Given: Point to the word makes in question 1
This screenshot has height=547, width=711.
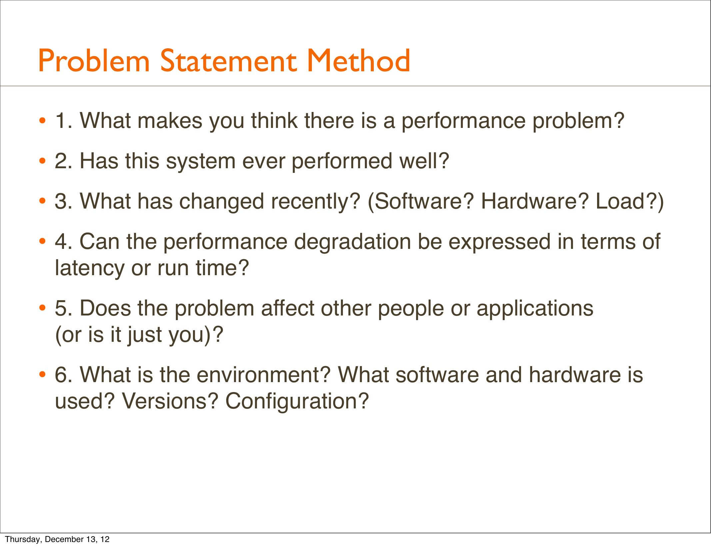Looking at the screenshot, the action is [x=170, y=120].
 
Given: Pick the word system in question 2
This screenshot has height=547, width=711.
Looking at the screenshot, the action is [x=201, y=161].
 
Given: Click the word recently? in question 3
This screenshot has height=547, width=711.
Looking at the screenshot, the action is [x=316, y=202].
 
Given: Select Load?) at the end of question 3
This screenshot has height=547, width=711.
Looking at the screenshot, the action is [x=629, y=202].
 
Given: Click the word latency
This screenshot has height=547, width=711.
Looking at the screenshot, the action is [x=90, y=268].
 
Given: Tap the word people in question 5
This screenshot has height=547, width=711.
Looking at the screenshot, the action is [x=411, y=308].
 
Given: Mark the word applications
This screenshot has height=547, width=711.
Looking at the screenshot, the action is [x=535, y=308].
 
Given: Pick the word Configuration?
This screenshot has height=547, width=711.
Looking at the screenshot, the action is [x=297, y=401].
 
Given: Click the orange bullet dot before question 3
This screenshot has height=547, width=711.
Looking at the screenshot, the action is [x=42, y=202].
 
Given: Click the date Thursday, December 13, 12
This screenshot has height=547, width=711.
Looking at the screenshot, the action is [x=57, y=539].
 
